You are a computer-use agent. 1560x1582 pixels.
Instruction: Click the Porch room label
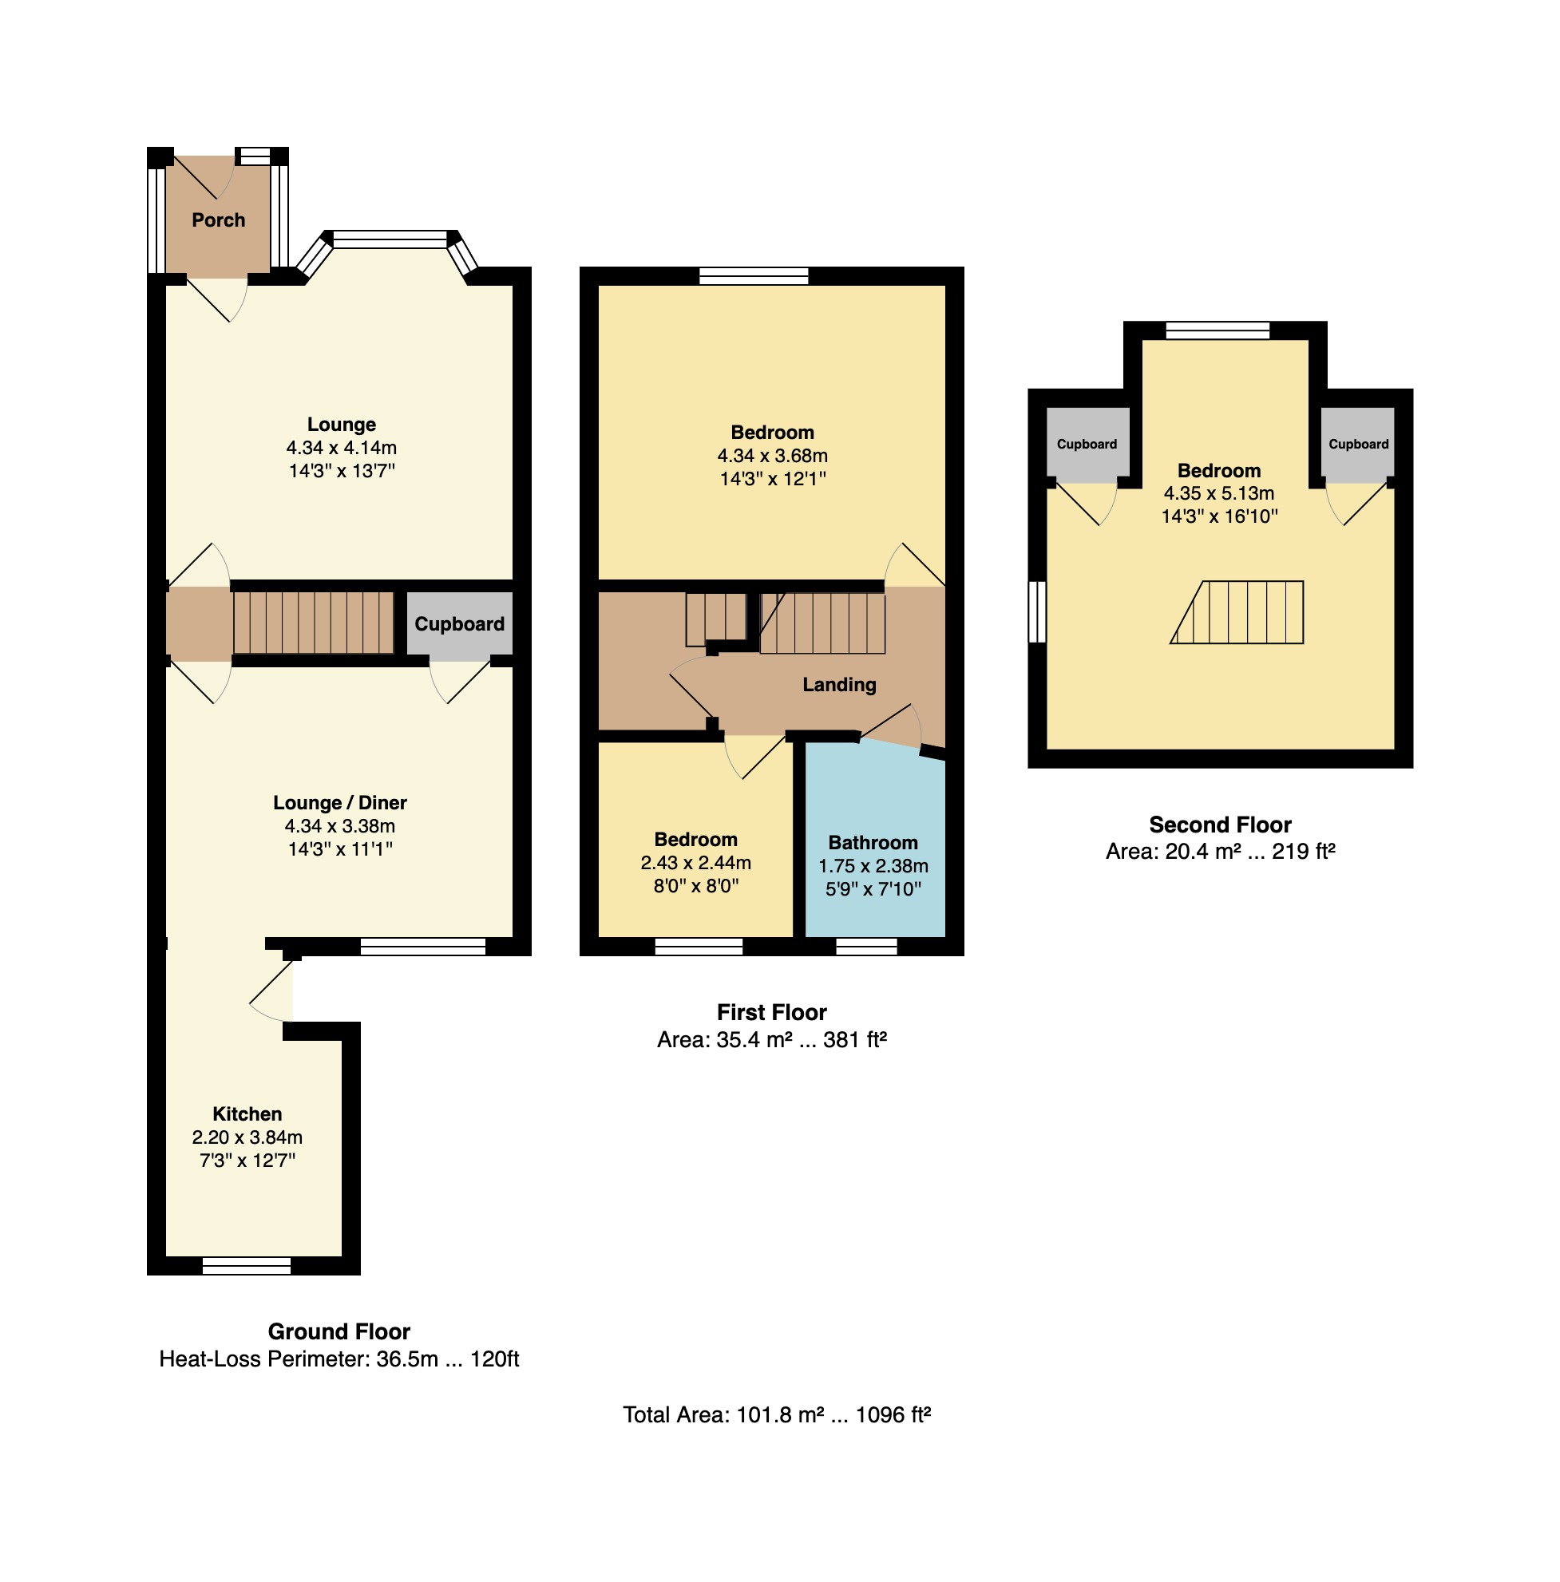point(218,220)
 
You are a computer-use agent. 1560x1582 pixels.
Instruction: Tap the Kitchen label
point(247,1113)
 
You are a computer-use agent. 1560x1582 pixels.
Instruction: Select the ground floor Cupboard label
point(458,624)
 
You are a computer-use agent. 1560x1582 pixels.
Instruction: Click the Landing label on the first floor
point(838,685)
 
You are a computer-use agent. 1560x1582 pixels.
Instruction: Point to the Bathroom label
point(872,843)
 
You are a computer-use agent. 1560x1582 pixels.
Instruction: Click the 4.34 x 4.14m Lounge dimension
point(341,448)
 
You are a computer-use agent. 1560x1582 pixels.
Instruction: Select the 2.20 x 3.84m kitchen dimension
point(247,1137)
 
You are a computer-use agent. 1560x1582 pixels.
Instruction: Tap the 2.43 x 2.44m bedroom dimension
point(695,862)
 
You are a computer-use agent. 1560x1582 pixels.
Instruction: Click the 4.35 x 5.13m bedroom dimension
point(1218,493)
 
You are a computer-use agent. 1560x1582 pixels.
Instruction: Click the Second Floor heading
point(1219,825)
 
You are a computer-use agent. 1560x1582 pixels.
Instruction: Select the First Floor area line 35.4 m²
point(771,1040)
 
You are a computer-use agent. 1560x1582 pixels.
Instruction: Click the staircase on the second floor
point(1237,612)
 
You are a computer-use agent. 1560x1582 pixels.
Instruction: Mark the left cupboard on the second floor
point(1087,445)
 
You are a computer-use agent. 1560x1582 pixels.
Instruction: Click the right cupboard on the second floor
point(1357,445)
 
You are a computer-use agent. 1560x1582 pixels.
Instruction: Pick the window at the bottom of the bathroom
point(865,947)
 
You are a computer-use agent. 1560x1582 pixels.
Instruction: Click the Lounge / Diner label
point(340,802)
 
